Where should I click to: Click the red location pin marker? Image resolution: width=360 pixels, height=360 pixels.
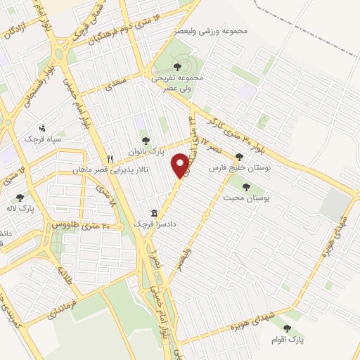point(181,166)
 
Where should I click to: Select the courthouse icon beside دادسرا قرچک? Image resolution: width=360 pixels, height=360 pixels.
point(153,212)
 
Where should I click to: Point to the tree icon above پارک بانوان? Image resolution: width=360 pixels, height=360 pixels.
point(146,141)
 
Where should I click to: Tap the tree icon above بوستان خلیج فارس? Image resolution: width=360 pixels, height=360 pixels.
point(240,157)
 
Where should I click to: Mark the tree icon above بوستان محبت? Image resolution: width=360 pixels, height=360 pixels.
point(246,187)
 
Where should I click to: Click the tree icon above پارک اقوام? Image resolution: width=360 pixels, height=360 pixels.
point(286,328)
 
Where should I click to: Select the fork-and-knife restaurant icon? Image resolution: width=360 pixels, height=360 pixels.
point(110,158)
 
